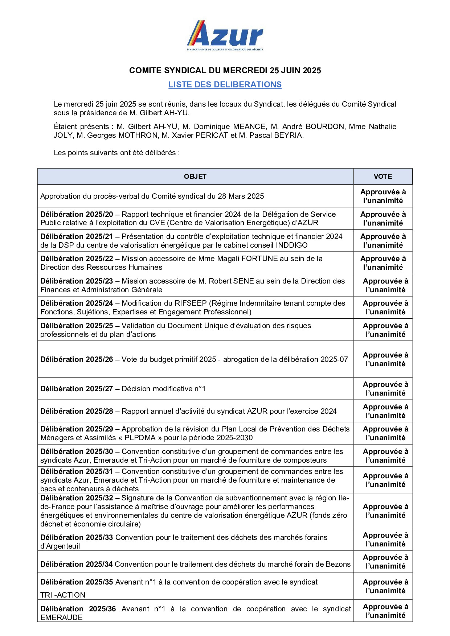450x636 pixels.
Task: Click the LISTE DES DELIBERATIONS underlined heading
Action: (x=225, y=84)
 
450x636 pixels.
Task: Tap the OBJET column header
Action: (x=195, y=177)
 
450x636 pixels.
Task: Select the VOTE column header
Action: (x=382, y=177)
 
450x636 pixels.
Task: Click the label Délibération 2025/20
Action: (x=77, y=214)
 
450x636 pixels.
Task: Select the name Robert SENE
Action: (x=233, y=281)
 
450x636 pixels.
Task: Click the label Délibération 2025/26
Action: (x=77, y=359)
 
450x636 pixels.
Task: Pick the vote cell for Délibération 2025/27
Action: (x=385, y=389)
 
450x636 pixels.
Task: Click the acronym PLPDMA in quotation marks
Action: (x=140, y=438)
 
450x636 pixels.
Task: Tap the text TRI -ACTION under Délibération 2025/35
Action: (x=63, y=595)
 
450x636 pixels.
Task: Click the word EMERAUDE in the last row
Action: (x=61, y=618)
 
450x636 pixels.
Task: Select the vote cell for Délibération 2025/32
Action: (x=385, y=511)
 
